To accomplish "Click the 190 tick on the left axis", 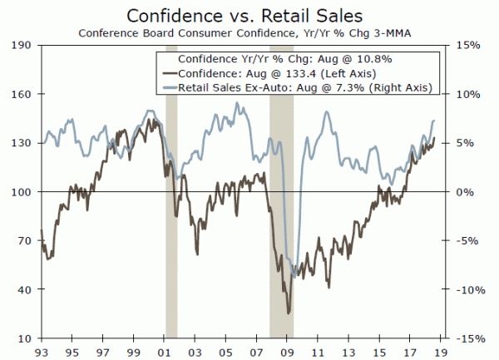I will click(x=23, y=45).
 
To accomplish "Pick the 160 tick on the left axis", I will click(x=23, y=94).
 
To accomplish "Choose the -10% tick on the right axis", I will click(x=467, y=289).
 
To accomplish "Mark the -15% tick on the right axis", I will click(x=467, y=338).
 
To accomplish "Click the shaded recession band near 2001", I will click(x=171, y=249).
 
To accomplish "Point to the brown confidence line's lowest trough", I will click(x=289, y=313).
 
